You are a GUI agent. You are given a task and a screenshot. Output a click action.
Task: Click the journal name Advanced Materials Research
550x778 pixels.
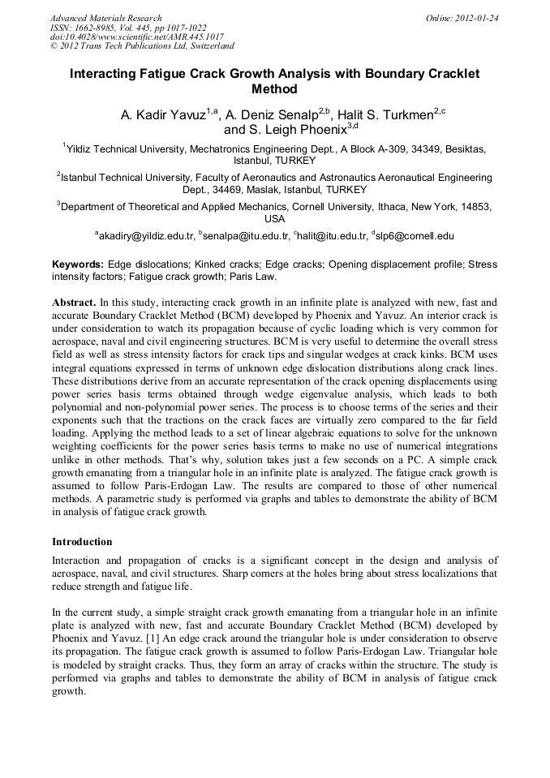pos(105,18)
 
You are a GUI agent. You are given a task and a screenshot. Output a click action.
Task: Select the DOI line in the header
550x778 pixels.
pos(136,37)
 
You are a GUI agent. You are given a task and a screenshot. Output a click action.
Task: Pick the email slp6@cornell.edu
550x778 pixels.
pos(415,236)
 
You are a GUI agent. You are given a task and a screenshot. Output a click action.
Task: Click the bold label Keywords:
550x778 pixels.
pos(78,264)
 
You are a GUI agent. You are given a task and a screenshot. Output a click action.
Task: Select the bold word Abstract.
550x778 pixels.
pos(73,302)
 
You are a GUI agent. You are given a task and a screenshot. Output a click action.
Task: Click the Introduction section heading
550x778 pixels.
pos(82,541)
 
